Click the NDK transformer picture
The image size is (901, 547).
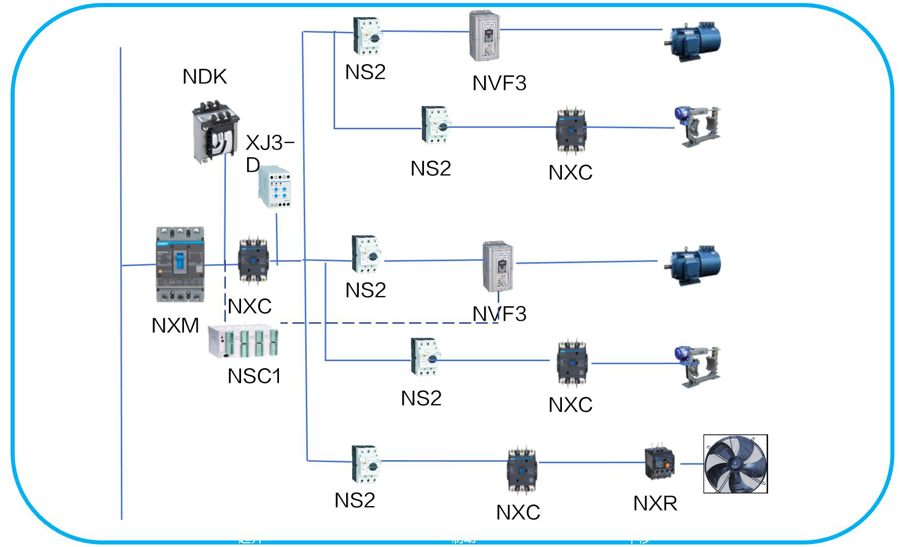click(x=216, y=132)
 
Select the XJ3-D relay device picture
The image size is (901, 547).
click(x=274, y=188)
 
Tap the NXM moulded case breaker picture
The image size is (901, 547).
click(x=180, y=265)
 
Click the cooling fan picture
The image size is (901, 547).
click(x=735, y=464)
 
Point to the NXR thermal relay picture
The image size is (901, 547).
click(x=660, y=463)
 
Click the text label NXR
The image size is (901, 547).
click(x=655, y=503)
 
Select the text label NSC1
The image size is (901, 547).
click(x=254, y=376)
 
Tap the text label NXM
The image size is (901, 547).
click(x=175, y=326)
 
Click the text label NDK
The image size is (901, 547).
click(x=204, y=77)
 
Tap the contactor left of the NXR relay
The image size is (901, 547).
click(x=522, y=470)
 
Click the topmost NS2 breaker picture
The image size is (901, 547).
click(x=367, y=36)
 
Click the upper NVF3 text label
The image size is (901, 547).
click(x=499, y=83)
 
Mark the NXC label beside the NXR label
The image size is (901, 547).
click(x=518, y=512)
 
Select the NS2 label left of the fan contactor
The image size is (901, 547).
click(x=355, y=501)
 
